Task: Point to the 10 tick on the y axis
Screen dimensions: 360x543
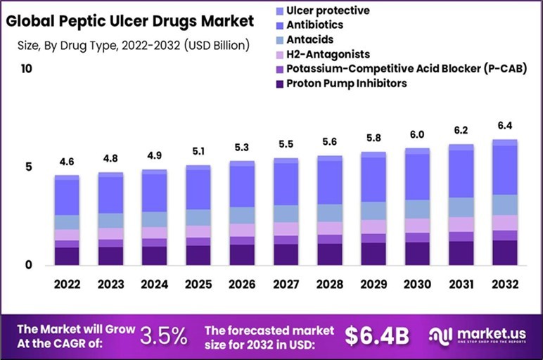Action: tap(27, 69)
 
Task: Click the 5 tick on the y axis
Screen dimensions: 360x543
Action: tap(27, 167)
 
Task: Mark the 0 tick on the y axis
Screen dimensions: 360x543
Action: tap(27, 265)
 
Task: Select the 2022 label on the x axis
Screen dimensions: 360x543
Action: tap(67, 285)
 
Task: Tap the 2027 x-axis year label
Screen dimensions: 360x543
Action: tap(286, 285)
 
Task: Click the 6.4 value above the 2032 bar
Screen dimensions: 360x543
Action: tap(504, 126)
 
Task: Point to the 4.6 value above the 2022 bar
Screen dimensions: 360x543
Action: tap(67, 162)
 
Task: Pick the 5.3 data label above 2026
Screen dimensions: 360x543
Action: tap(242, 148)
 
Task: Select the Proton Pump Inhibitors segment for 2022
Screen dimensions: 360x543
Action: tap(67, 256)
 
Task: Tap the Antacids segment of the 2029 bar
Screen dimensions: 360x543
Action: tap(373, 210)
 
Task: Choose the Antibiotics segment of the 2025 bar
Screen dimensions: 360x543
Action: tap(198, 189)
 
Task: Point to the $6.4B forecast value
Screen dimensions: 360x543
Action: tap(377, 335)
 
